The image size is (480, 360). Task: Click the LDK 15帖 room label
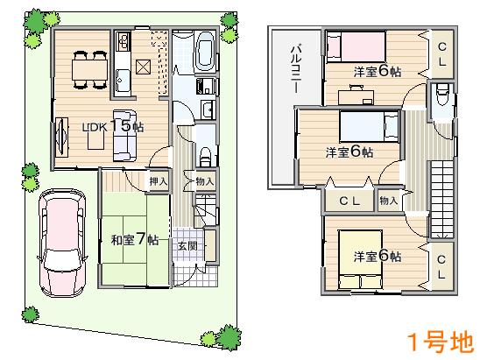tap(113, 127)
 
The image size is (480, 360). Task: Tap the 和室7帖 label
tap(134, 239)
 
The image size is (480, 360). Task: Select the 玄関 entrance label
tap(187, 245)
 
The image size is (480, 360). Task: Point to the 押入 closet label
tap(158, 181)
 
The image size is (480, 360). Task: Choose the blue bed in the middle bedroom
tap(364, 127)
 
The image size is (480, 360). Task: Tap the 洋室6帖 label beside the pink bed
tap(378, 72)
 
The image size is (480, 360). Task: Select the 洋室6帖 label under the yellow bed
tap(378, 257)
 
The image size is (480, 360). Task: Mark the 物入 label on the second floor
tap(389, 201)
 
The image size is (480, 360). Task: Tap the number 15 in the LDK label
tap(122, 127)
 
